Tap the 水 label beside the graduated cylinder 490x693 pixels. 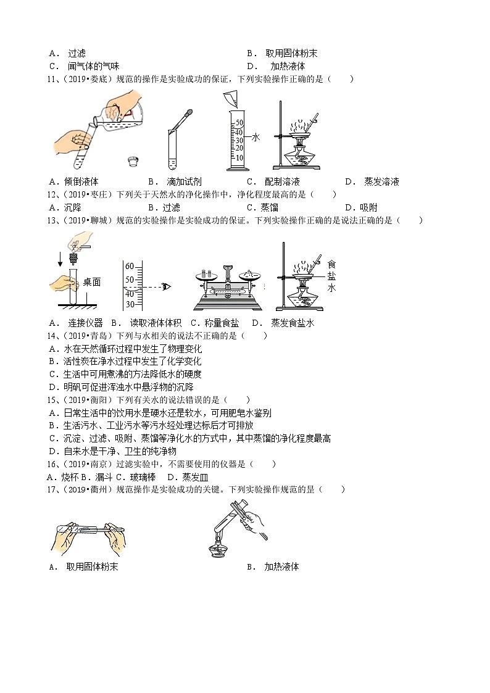255,137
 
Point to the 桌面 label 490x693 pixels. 91,282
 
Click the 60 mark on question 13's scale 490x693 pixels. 130,266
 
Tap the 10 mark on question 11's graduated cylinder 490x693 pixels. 239,158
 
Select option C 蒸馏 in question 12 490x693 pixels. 268,207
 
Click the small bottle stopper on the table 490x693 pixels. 132,162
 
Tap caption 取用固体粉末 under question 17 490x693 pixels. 92,566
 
